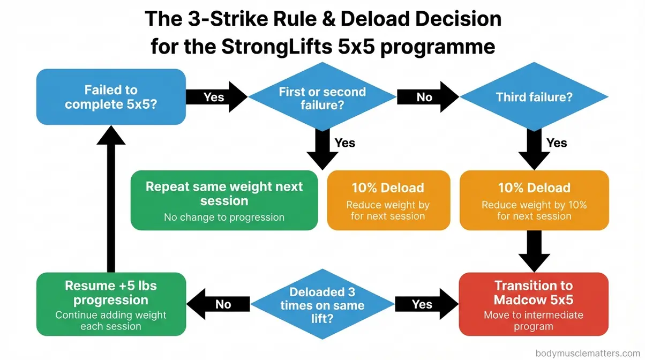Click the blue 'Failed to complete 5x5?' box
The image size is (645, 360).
tap(111, 97)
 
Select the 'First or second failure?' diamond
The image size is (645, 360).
tap(322, 97)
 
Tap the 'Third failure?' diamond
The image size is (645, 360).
tap(534, 97)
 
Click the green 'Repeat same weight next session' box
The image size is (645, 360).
tap(224, 200)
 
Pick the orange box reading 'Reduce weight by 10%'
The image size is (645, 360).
tap(534, 200)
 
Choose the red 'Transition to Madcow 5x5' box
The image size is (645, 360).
tap(534, 304)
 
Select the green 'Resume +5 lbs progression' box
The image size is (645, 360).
tap(111, 304)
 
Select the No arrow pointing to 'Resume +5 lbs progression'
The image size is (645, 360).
tap(220, 304)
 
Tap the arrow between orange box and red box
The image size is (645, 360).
tap(534, 251)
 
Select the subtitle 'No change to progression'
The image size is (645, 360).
tap(224, 217)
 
